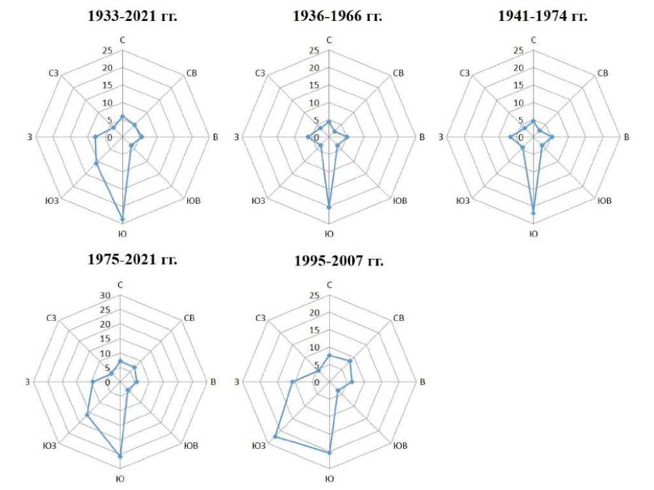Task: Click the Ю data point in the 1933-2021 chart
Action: pos(122,219)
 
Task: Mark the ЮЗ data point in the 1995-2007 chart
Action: pos(276,436)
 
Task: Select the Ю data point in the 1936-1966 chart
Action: pos(329,206)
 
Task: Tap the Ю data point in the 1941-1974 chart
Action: pos(534,213)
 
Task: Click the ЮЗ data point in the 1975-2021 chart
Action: pos(86,415)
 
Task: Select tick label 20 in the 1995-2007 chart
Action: pos(315,312)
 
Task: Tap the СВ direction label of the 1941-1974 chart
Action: pos(603,73)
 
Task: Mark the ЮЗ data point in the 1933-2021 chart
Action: pos(97,163)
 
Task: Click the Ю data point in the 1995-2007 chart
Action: pos(329,453)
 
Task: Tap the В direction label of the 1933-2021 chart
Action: pos(215,137)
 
